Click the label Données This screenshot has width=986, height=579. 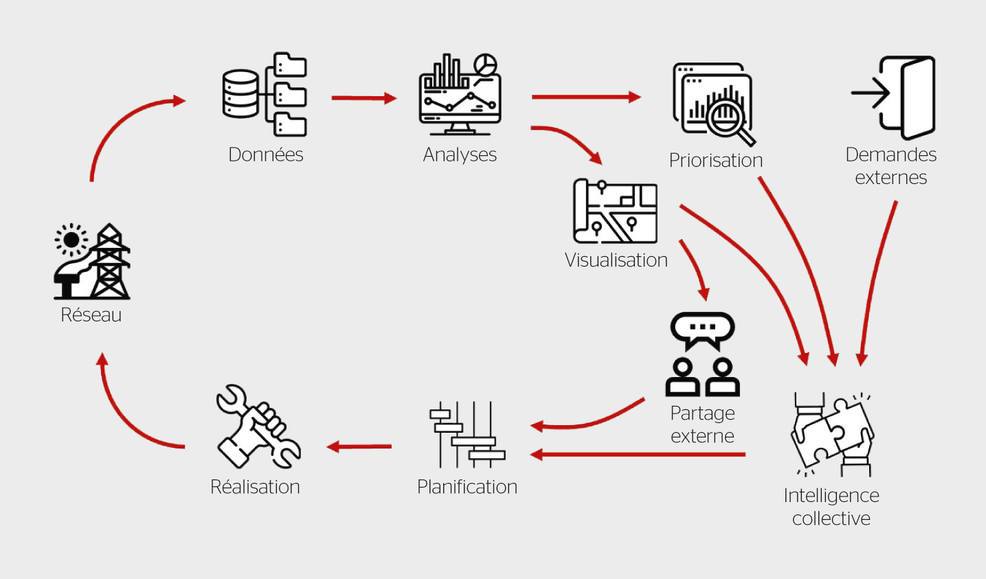pyautogui.click(x=265, y=155)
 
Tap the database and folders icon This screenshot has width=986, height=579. pyautogui.click(x=265, y=94)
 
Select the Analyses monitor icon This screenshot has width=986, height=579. pyautogui.click(x=460, y=95)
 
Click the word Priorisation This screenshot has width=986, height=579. pyautogui.click(x=716, y=160)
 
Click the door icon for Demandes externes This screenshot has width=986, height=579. pyautogui.click(x=906, y=98)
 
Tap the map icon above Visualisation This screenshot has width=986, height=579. pyautogui.click(x=615, y=211)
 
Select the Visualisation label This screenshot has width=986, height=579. pyautogui.click(x=616, y=260)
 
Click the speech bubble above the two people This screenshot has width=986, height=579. pyautogui.click(x=702, y=329)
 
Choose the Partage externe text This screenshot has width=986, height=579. pyautogui.click(x=702, y=424)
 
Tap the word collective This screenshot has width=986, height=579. pyautogui.click(x=831, y=519)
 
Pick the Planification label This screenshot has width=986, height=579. pyautogui.click(x=467, y=487)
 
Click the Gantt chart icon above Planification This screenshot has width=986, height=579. pyautogui.click(x=467, y=434)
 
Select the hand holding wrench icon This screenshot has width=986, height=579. pyautogui.click(x=258, y=427)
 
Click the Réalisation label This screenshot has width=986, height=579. pyautogui.click(x=255, y=487)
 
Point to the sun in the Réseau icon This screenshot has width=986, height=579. pyautogui.click(x=71, y=240)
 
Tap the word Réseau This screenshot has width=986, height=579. pyautogui.click(x=91, y=315)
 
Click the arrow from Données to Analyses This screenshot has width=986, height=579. pyautogui.click(x=363, y=98)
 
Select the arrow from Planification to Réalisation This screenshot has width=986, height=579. pyautogui.click(x=359, y=447)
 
